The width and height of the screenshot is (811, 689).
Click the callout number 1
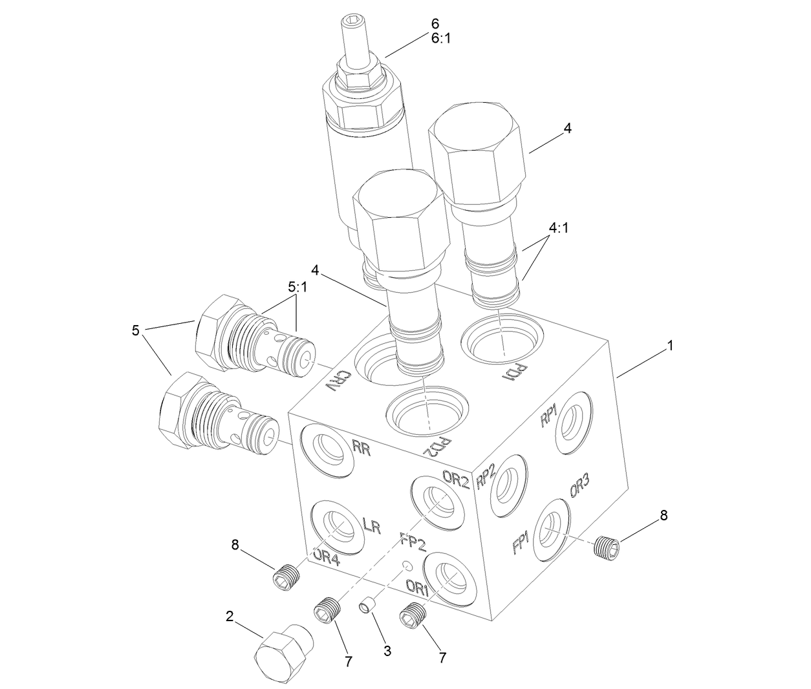[x=671, y=346]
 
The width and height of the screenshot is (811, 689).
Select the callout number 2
[x=230, y=616]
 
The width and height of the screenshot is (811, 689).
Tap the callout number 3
[x=387, y=652]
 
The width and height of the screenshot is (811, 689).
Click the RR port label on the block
[x=362, y=449]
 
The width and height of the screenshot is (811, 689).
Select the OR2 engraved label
[x=455, y=478]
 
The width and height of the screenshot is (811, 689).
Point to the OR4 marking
[x=326, y=557]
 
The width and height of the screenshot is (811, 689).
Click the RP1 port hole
[x=574, y=423]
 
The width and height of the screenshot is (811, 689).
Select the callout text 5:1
[x=297, y=288]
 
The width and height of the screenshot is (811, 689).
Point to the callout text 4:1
[x=560, y=228]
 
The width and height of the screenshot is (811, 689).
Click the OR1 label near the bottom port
[x=417, y=588]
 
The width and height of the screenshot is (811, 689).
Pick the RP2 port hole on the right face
[x=506, y=485]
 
